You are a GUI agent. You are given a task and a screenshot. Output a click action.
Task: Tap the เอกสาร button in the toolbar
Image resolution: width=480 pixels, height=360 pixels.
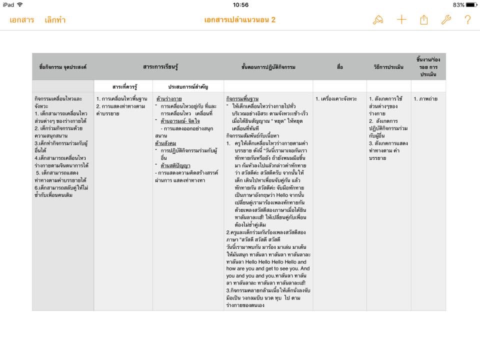click(21, 20)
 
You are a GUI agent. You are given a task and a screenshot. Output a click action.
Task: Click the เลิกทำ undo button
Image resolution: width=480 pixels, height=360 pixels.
click(55, 20)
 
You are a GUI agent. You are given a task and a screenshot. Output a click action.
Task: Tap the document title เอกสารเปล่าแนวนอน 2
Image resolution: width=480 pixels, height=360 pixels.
click(240, 20)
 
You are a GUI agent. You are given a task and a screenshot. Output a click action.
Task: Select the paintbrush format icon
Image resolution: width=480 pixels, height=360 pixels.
click(378, 20)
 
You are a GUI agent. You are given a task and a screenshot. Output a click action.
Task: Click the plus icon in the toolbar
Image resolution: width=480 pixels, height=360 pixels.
click(401, 20)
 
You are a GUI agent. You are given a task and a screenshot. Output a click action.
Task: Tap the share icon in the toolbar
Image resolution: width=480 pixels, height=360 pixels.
click(424, 20)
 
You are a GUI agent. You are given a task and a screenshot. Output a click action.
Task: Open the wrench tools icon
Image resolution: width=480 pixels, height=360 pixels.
click(446, 20)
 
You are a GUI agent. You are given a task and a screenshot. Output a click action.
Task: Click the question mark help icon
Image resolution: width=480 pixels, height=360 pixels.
click(467, 20)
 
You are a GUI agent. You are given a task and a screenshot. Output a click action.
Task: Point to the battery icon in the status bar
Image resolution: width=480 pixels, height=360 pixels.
click(471, 4)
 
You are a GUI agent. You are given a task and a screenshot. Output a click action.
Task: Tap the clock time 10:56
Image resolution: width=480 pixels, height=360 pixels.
click(240, 4)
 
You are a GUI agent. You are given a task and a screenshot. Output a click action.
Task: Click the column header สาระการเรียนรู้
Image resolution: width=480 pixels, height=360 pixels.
click(158, 66)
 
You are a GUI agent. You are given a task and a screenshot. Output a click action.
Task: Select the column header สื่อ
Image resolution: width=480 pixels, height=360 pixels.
click(340, 66)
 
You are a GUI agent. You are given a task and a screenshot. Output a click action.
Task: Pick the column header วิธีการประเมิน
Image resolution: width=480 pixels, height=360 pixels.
click(388, 66)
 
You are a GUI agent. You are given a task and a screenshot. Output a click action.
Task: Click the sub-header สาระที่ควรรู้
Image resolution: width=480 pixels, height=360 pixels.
click(123, 86)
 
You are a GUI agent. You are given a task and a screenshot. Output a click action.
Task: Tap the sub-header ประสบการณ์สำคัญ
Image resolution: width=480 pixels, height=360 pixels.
click(188, 86)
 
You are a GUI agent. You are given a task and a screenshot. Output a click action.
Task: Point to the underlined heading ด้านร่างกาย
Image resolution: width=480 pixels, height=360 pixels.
click(169, 99)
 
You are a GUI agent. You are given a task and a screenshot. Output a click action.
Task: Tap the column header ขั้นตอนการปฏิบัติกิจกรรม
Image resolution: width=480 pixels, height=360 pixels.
click(268, 66)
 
